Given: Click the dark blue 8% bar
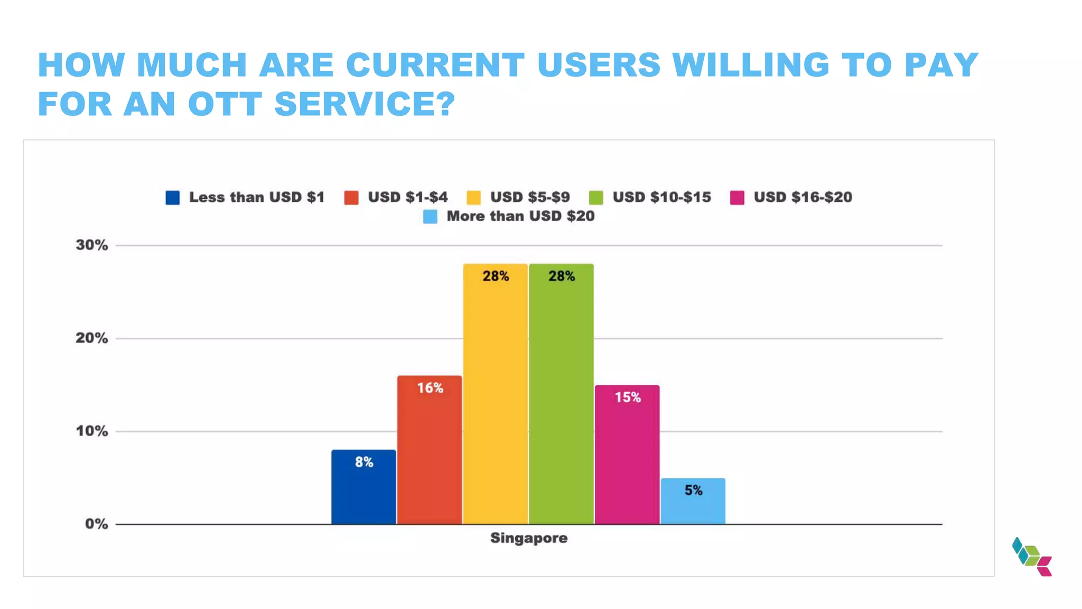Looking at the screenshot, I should click(x=363, y=487).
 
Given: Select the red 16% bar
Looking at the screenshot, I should click(x=430, y=450).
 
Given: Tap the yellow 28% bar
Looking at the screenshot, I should click(x=495, y=394).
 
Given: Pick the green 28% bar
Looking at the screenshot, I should click(x=561, y=394).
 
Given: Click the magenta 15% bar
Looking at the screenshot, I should click(x=627, y=455).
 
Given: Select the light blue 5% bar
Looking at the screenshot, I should click(x=693, y=501).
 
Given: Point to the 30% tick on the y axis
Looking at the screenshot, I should click(x=92, y=245).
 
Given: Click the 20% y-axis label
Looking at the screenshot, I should click(x=92, y=338).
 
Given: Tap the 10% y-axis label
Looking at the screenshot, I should click(x=92, y=431).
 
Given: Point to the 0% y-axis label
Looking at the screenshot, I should click(x=96, y=524).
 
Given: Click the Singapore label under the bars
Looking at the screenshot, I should click(x=528, y=538).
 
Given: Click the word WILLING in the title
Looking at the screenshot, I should click(x=751, y=65).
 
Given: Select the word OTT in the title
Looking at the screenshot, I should click(x=225, y=104).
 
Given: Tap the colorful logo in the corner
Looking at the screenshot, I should click(x=1032, y=557).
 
